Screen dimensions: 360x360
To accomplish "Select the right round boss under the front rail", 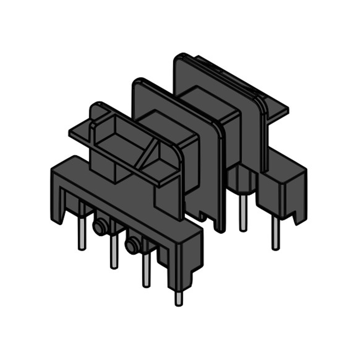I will click(132, 246).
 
